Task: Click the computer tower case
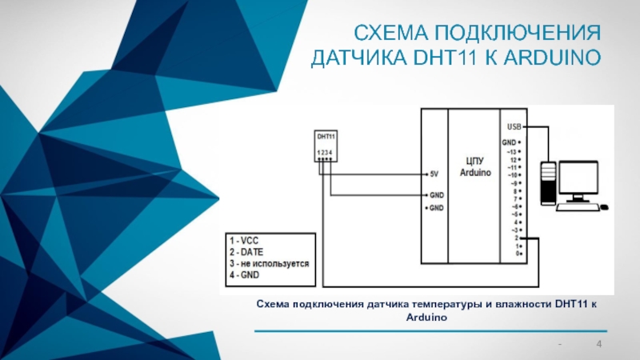548,183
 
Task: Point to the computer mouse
605,207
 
